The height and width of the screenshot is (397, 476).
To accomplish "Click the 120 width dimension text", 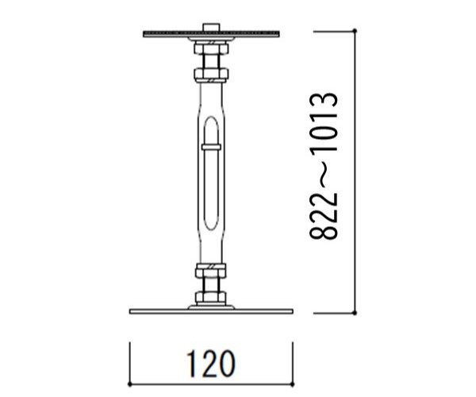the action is pos(211,364).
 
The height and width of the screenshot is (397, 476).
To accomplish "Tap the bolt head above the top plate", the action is pos(211,27).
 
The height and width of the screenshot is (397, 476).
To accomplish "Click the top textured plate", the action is pos(211,33).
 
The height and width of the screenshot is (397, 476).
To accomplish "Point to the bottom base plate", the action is pos(211,311).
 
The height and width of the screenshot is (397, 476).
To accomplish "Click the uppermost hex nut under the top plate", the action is pos(211,48).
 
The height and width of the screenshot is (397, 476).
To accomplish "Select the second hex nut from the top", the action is pos(211,74).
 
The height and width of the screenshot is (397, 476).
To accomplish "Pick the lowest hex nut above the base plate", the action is pos(211,297).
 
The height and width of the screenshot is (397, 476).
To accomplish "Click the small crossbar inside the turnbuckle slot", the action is pos(211,148).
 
